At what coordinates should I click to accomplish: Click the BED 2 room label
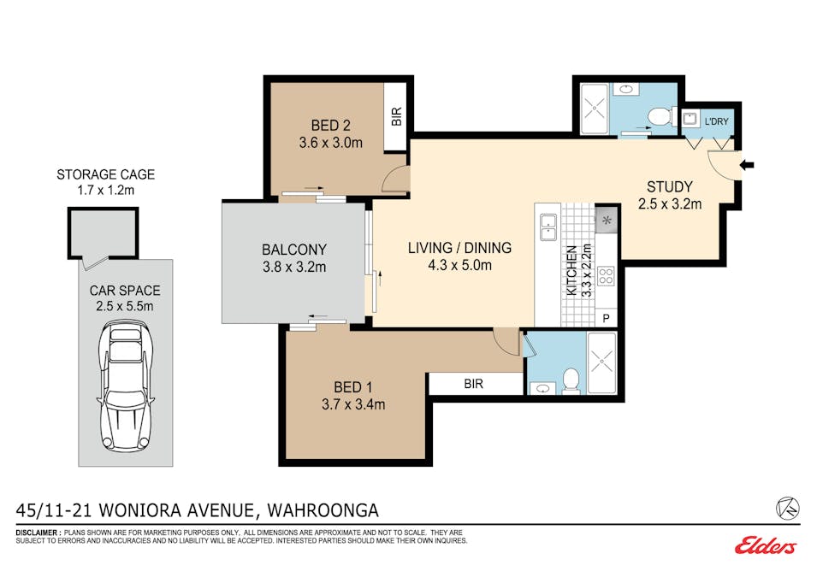tap(330, 126)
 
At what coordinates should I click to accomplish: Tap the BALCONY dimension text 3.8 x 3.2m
tap(294, 268)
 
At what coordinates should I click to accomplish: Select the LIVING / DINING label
tap(459, 248)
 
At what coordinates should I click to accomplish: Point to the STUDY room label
tap(670, 186)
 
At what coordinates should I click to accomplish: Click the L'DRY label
tap(716, 121)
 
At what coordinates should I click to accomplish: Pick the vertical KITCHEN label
tap(571, 271)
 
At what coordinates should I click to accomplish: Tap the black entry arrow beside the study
tap(747, 165)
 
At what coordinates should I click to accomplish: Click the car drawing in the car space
tap(126, 386)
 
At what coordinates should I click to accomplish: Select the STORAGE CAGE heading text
tap(106, 174)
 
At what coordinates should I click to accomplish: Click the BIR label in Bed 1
tap(474, 384)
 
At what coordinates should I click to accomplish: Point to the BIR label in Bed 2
tap(396, 116)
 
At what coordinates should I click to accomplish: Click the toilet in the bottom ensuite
tap(571, 380)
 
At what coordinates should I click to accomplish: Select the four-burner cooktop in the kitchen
tap(606, 276)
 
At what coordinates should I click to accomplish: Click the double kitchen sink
tap(548, 227)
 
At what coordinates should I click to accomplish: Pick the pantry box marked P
tap(606, 318)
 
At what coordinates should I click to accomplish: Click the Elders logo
tap(766, 545)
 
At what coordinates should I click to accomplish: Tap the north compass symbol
tap(787, 509)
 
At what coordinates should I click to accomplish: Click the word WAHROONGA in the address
tap(323, 510)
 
